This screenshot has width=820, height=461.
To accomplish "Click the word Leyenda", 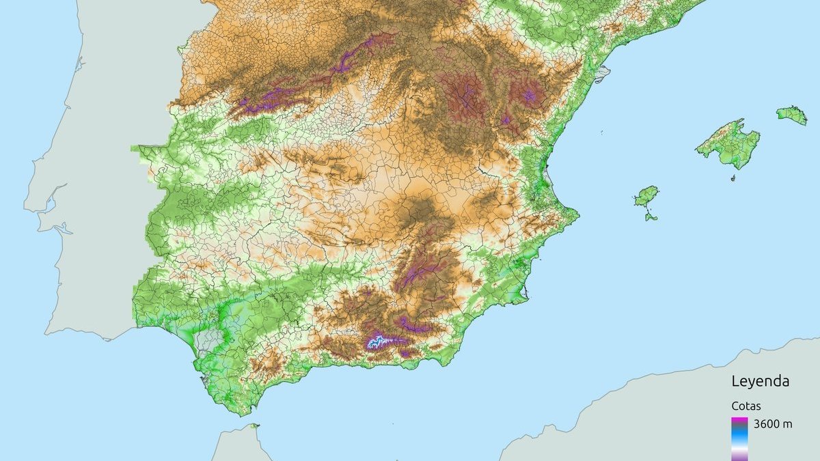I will click(x=760, y=381).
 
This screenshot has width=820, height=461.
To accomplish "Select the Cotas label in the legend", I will click(x=746, y=405).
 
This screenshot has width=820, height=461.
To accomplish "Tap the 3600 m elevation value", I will click(x=773, y=424).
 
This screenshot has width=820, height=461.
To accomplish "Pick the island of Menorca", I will click(x=791, y=114).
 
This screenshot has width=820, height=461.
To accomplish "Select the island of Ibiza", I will click(x=646, y=197).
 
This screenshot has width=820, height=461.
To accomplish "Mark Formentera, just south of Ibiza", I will click(x=651, y=217).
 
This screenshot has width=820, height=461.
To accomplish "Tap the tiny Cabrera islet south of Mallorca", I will click(x=733, y=178).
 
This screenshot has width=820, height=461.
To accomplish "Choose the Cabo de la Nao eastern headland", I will click(x=578, y=216).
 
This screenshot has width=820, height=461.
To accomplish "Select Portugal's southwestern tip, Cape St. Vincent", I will click(x=46, y=333).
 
